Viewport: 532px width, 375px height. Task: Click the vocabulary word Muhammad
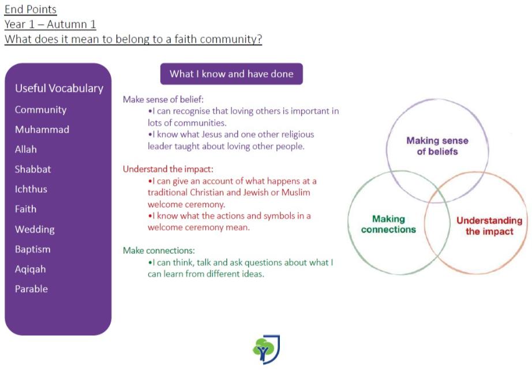[x=42, y=129]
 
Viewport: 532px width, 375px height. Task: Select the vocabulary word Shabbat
[x=33, y=169]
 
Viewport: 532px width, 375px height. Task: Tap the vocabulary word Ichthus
[x=31, y=189]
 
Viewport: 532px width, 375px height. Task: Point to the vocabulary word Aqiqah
[x=30, y=269]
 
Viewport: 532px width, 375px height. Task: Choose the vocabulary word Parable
[x=31, y=289]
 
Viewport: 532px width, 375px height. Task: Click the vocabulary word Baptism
[x=32, y=249]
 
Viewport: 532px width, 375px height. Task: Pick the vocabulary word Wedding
[x=35, y=230]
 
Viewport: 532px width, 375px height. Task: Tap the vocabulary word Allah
[x=26, y=149]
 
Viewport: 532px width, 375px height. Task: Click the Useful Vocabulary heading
[x=59, y=88]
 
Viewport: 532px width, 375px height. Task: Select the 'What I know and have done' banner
[x=231, y=74]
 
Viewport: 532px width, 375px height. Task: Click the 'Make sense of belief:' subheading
[x=163, y=99]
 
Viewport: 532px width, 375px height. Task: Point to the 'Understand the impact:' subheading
[x=168, y=169]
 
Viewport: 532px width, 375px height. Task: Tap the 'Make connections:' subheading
[x=159, y=250]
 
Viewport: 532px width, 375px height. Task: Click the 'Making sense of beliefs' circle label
[x=437, y=146]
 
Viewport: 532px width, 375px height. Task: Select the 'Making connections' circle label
[x=388, y=224]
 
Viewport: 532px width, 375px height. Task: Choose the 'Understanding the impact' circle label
[x=489, y=226]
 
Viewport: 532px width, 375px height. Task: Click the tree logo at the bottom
[x=267, y=350]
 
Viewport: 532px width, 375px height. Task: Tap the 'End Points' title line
[x=31, y=9]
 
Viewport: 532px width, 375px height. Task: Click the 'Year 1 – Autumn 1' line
[x=50, y=24]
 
